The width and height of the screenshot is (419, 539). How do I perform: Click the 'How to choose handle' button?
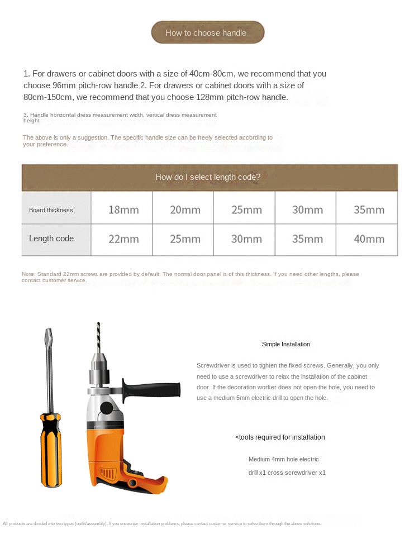coord(207,32)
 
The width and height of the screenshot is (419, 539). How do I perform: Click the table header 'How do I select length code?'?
coord(208,177)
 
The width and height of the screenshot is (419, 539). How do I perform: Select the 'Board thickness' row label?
coord(51,210)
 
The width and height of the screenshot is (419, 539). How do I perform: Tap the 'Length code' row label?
coord(51,239)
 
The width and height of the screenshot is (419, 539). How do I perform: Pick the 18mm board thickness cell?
coord(123,210)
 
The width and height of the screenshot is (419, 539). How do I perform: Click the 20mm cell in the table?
coord(185,210)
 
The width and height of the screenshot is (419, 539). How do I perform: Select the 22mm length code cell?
coord(123,239)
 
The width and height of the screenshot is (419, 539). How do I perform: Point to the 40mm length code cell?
coord(369,239)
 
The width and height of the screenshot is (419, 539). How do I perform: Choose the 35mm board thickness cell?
coord(369,210)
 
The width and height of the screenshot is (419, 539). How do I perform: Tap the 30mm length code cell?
coord(246,239)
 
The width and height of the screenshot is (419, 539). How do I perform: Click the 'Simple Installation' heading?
coord(286,344)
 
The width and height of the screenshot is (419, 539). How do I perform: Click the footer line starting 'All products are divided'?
coord(162,523)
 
